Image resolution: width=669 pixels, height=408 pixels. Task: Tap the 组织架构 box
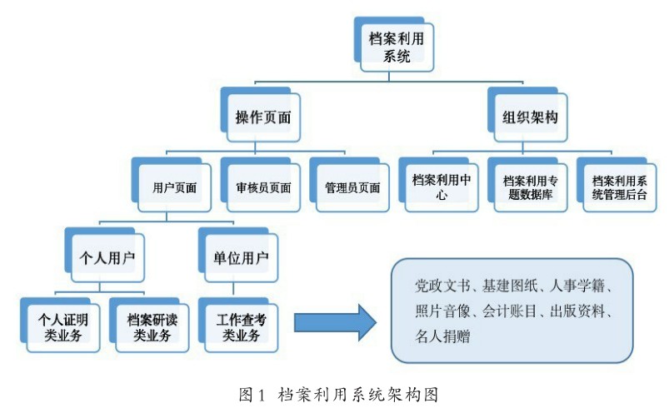point(529,117)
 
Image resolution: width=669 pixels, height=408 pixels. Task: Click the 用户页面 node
point(170,187)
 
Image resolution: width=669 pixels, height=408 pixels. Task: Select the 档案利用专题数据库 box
point(530,187)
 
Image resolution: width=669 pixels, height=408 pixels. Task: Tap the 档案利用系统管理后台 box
point(618,187)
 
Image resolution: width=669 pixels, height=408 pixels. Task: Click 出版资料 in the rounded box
point(580,313)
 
